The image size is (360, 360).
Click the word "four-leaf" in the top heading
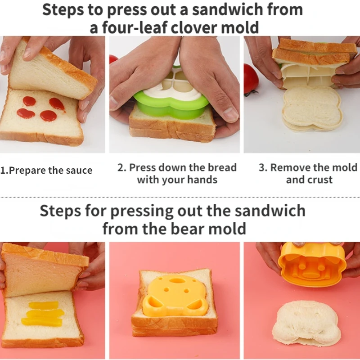tap(134, 27)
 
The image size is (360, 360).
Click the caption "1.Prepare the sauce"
tap(46, 171)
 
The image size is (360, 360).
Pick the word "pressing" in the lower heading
tap(142, 211)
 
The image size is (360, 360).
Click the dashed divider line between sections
tap(180, 198)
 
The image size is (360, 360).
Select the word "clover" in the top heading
tap(194, 27)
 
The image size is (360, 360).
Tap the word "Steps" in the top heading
tap(63, 9)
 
